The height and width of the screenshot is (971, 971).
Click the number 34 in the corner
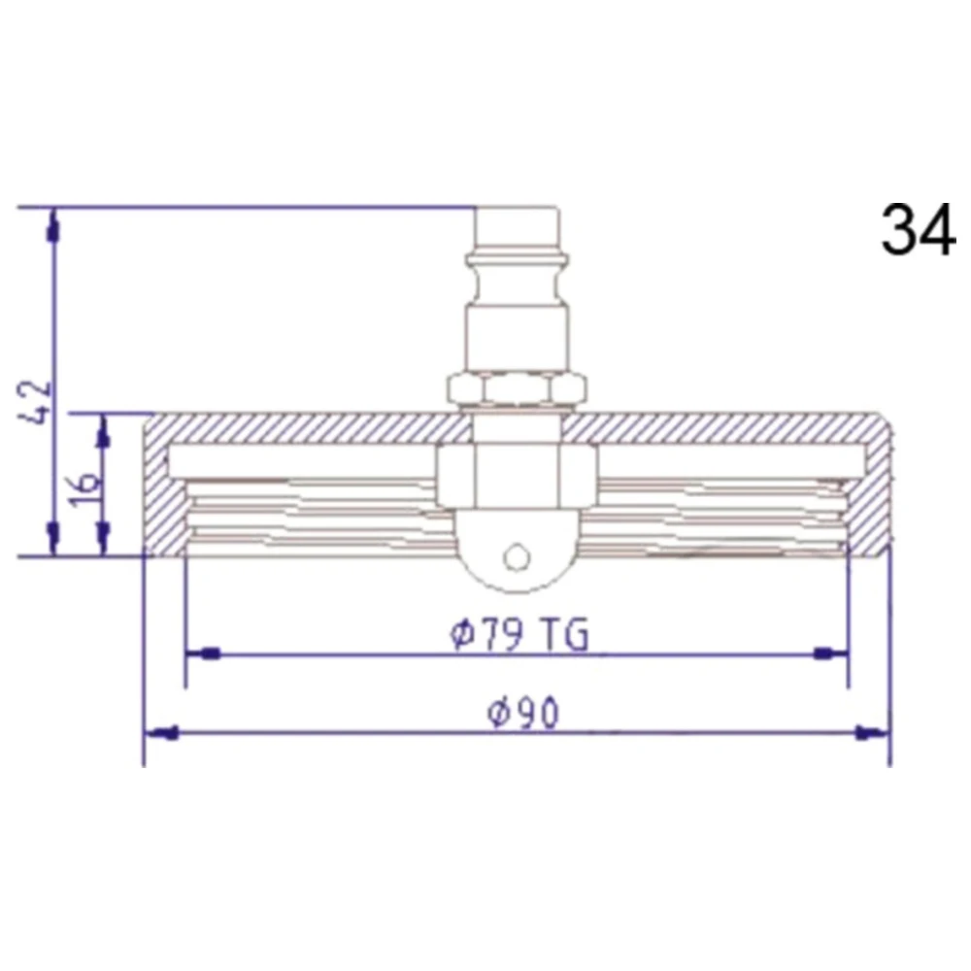point(919,229)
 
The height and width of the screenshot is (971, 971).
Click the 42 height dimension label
point(36,403)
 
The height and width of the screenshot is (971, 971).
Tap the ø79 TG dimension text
point(519,634)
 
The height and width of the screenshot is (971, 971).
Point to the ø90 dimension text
point(523,713)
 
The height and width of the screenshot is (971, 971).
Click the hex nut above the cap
point(518,388)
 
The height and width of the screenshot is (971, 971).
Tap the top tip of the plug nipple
point(518,208)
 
